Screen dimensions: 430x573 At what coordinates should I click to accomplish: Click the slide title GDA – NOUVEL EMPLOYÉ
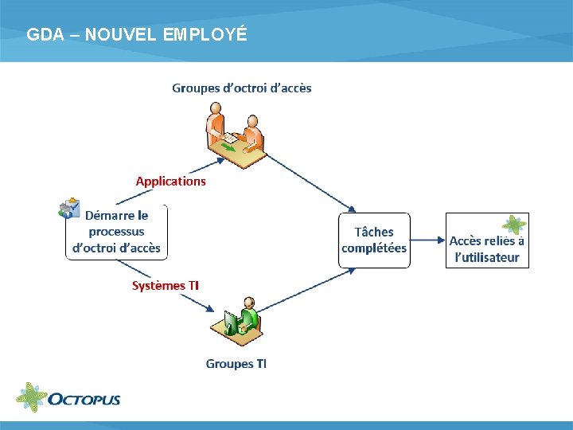coord(137,35)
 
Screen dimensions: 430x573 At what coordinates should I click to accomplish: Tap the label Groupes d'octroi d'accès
coord(242,88)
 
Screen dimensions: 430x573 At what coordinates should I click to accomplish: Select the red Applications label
coord(170,181)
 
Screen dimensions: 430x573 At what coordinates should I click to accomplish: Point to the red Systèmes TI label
coord(166,286)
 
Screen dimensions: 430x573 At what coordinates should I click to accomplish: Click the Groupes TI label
coord(236,364)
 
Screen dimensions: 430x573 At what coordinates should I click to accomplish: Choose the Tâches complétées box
coord(374,240)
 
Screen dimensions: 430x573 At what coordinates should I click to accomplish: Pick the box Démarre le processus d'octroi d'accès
coord(117,232)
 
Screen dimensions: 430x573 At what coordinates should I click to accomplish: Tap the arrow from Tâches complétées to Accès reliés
coord(427,240)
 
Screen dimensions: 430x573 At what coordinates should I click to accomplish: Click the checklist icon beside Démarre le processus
coord(69,208)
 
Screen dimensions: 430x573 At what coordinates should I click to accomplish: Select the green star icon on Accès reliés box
coord(514,225)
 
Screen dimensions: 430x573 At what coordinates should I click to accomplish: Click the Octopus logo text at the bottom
coord(84,398)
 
